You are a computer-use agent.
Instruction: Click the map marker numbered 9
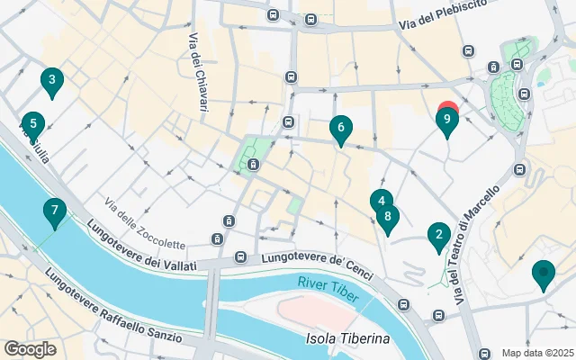[x=447, y=122]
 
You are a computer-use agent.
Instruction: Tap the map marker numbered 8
[x=388, y=217]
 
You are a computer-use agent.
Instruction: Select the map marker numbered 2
[x=438, y=237]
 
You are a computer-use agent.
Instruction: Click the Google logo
[x=30, y=349]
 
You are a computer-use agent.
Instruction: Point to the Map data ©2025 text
[x=537, y=353]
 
